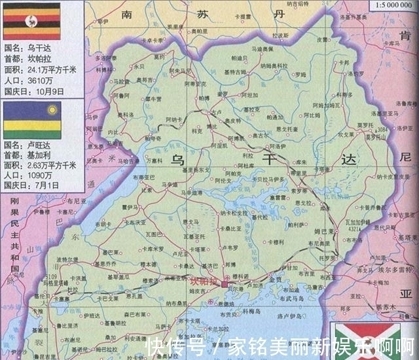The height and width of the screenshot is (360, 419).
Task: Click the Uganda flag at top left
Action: (x=31, y=21)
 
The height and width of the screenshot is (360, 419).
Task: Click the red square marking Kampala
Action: (x=224, y=285)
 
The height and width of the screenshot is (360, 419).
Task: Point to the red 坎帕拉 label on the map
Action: (x=202, y=281)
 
